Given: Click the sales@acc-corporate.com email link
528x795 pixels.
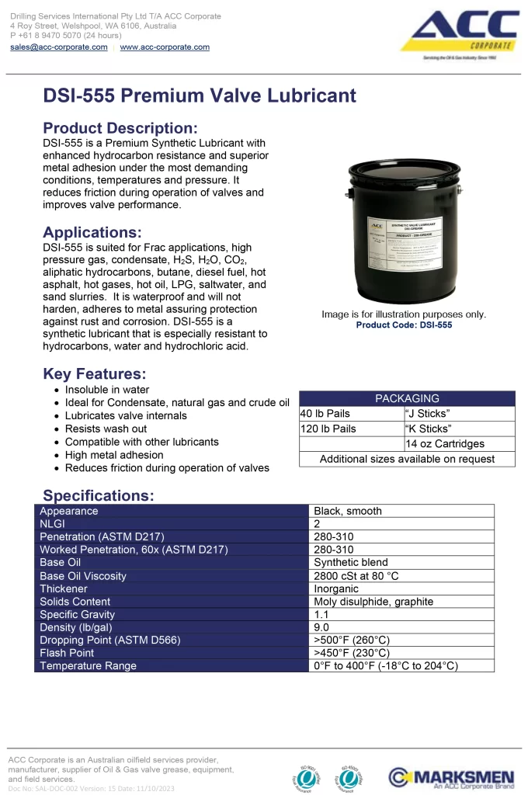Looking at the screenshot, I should [x=59, y=47].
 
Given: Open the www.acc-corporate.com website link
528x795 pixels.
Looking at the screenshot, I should [x=165, y=47].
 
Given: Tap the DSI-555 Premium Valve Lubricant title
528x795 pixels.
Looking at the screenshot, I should [x=200, y=95].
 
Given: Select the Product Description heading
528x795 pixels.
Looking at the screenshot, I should [x=120, y=128].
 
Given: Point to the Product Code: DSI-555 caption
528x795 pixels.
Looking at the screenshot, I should [x=404, y=325].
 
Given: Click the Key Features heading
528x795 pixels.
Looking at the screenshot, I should [x=95, y=374].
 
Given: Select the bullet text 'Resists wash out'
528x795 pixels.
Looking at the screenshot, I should [x=106, y=429].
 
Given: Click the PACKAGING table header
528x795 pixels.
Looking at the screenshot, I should [x=407, y=398].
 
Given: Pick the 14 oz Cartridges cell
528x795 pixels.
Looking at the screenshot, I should [x=445, y=444].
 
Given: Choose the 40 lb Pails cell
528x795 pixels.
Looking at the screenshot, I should [x=325, y=413].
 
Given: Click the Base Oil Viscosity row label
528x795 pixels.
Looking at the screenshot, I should [x=83, y=576].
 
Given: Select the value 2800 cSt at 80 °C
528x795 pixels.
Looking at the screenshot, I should [x=356, y=576].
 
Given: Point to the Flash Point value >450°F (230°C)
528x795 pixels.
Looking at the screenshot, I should [x=352, y=653].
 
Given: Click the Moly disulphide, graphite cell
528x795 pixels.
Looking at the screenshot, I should [x=373, y=602].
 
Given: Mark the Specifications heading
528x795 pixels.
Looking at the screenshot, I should [x=99, y=495].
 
